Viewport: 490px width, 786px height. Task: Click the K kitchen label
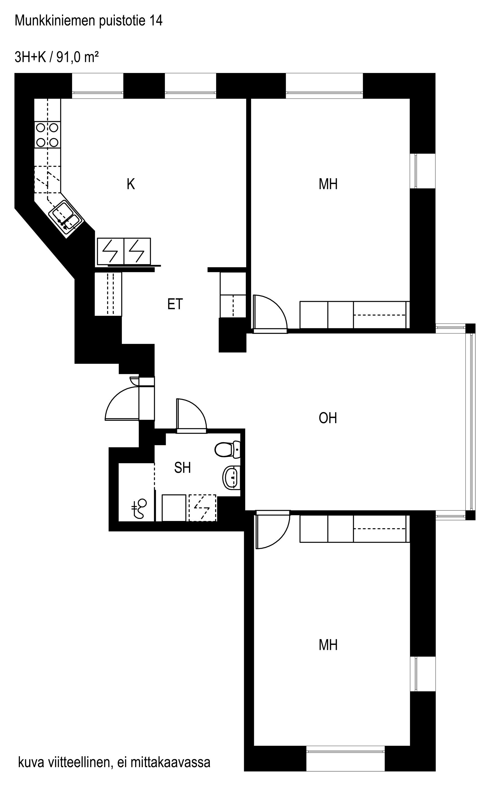coord(131,184)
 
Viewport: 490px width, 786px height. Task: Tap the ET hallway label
coord(175,304)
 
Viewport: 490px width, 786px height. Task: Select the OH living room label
coord(328,418)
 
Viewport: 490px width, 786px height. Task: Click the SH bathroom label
coord(182,467)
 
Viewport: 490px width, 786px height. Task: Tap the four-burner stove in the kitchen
coord(47,135)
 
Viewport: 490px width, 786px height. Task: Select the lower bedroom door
coord(272,530)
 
